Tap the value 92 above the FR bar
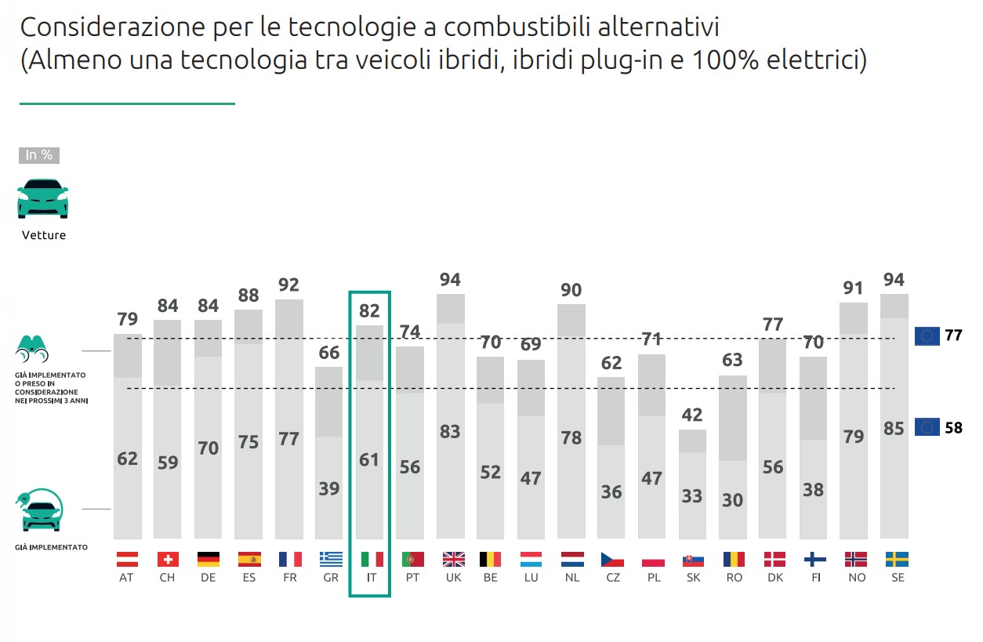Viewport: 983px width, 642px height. pos(289,285)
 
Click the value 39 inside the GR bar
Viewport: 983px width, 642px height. pos(329,488)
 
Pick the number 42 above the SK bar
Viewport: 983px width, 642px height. pos(692,415)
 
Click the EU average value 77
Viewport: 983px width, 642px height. pos(953,336)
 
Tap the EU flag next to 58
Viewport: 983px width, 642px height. pos(927,428)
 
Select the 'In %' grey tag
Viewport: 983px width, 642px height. pos(39,155)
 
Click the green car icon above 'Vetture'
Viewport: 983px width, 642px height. pos(43,198)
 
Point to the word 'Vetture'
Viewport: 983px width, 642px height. pos(44,235)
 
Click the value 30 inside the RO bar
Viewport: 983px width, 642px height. pos(732,499)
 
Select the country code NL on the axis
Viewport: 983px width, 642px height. pos(571,578)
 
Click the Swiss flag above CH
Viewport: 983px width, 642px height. pos(167,560)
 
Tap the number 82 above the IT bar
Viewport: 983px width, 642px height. pos(369,310)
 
